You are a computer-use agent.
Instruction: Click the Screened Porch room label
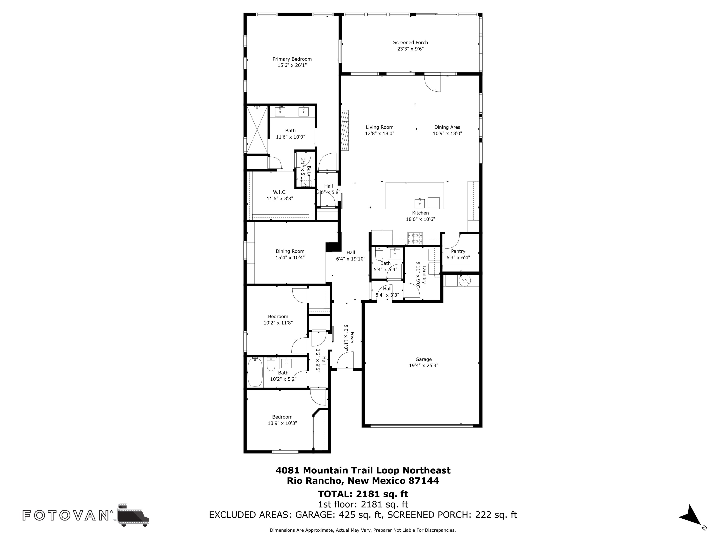[x=410, y=42]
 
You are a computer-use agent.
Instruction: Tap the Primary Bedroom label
[x=292, y=59]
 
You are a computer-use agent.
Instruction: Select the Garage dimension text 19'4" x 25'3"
[x=423, y=366]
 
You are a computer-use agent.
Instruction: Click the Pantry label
[x=458, y=251]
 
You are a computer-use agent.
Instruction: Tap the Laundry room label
[x=424, y=275]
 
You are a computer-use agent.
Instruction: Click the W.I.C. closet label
[x=280, y=192]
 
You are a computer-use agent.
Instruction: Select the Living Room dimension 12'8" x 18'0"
[x=379, y=134]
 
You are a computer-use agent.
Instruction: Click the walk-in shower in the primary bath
[x=257, y=129]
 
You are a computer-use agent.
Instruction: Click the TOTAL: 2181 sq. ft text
[x=363, y=494]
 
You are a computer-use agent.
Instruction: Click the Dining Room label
[x=290, y=251]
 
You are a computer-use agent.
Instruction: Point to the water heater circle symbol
[x=465, y=280]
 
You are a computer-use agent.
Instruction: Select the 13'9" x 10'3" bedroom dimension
[x=282, y=423]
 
